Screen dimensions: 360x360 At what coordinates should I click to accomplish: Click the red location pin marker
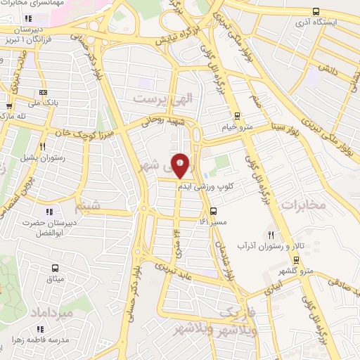(181, 165)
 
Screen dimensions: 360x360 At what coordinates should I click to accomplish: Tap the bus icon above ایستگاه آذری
(316, 11)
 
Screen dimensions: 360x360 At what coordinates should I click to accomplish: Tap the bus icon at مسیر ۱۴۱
(214, 211)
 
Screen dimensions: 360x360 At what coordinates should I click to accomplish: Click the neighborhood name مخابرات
(304, 205)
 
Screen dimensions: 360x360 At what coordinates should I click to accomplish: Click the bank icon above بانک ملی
(44, 92)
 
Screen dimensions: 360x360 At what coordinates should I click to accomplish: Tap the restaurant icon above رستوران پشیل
(43, 146)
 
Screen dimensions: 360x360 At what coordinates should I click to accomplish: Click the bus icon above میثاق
(56, 268)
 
